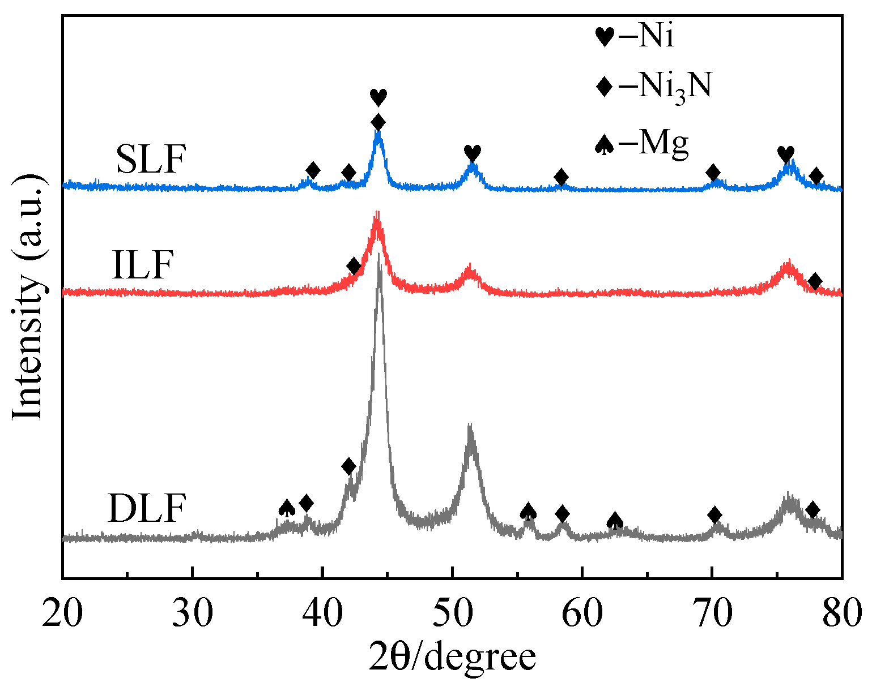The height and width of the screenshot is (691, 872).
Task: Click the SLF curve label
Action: pos(151,160)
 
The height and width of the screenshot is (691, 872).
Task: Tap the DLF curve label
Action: pos(146,508)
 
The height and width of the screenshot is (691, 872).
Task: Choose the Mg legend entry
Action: pos(641,143)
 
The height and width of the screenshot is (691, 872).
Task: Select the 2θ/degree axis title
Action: pos(452,658)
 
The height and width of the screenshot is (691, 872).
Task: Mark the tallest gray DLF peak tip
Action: pos(378,255)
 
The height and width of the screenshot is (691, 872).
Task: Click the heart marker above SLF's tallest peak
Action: pos(378,97)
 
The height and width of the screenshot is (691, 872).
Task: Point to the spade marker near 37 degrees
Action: pos(287,508)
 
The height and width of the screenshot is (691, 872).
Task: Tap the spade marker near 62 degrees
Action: pos(615,520)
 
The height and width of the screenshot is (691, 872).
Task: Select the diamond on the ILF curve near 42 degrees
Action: pos(354,266)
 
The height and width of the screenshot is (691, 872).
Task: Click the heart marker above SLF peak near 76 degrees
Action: pos(785,153)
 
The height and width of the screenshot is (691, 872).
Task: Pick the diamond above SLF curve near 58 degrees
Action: pos(561,177)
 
